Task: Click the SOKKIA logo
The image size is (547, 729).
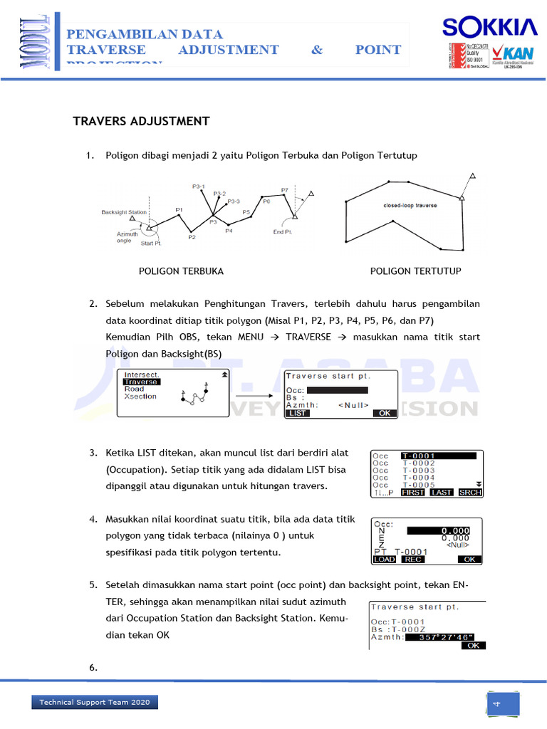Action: pyautogui.click(x=489, y=28)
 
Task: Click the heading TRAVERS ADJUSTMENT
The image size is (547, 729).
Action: pyautogui.click(x=141, y=121)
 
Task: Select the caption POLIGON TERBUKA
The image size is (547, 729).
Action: pyautogui.click(x=181, y=271)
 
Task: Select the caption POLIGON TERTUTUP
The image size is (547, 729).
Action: pyautogui.click(x=415, y=271)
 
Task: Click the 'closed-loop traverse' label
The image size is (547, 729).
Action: pyautogui.click(x=410, y=206)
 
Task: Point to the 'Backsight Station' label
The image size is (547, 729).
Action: pyautogui.click(x=124, y=212)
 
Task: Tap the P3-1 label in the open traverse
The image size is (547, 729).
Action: pyautogui.click(x=199, y=187)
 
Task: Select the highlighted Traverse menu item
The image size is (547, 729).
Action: pyautogui.click(x=142, y=382)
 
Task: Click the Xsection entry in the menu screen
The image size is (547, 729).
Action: pyautogui.click(x=140, y=397)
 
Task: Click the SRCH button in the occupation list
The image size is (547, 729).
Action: pyautogui.click(x=471, y=492)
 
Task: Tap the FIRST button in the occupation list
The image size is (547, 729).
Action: pyautogui.click(x=412, y=492)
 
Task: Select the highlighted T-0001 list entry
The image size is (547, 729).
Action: pyautogui.click(x=438, y=456)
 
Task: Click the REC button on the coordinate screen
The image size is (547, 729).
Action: pyautogui.click(x=413, y=560)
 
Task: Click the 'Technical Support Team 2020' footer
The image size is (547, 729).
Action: pyautogui.click(x=94, y=702)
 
